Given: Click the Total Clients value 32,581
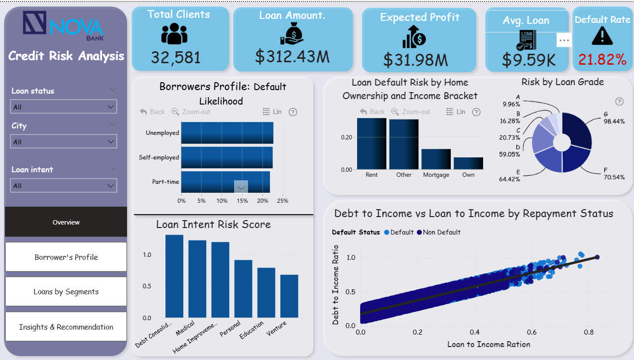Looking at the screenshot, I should tap(176, 57).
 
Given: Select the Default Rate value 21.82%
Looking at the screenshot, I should tap(602, 60).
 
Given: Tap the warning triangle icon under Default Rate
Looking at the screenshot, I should tap(602, 35).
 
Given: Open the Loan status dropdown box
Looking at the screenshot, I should tap(64, 107).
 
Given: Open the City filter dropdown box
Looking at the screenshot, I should tap(64, 141).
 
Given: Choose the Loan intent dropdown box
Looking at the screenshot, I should tap(64, 185).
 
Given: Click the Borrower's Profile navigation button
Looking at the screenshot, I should tap(66, 257).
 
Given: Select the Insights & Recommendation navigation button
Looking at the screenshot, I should tap(66, 327).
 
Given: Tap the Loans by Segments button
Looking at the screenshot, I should tap(66, 292).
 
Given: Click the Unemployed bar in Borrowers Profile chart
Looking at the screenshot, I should tap(227, 133).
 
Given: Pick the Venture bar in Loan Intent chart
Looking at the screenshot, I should tap(289, 296).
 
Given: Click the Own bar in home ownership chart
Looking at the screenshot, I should tap(468, 163).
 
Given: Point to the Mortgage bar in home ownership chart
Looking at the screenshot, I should tap(436, 159).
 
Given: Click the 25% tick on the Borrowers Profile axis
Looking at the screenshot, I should tap(282, 201).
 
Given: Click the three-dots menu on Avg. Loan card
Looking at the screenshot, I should tap(564, 40).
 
